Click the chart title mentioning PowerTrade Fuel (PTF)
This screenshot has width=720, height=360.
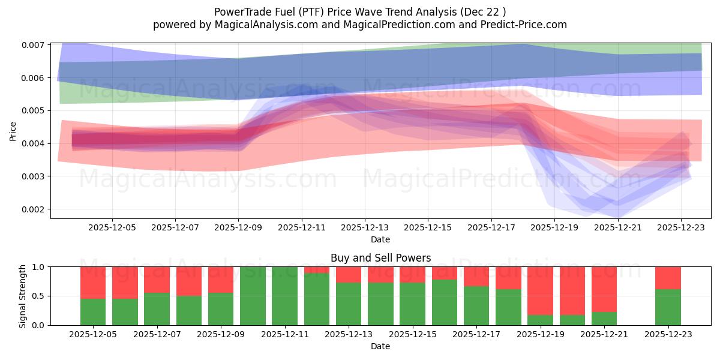pyautogui.click(x=359, y=11)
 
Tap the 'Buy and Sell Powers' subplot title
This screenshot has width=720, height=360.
pyautogui.click(x=380, y=258)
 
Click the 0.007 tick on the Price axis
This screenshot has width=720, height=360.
pyautogui.click(x=35, y=45)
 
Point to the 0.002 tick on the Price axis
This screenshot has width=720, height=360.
pyautogui.click(x=35, y=209)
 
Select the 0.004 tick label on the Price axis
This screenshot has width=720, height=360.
pyautogui.click(x=35, y=143)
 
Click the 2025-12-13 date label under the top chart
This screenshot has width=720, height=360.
pyautogui.click(x=365, y=227)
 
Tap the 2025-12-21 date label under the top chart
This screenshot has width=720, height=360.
pyautogui.click(x=618, y=227)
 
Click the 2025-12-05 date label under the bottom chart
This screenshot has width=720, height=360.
pyautogui.click(x=93, y=334)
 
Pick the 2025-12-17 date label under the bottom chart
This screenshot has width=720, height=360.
pyautogui.click(x=476, y=334)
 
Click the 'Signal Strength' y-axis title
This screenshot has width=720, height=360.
pyautogui.click(x=23, y=296)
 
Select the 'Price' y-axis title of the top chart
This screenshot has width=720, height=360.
pyautogui.click(x=13, y=131)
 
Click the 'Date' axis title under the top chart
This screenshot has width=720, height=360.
pyautogui.click(x=380, y=239)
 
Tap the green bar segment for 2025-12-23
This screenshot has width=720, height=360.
pyautogui.click(x=668, y=307)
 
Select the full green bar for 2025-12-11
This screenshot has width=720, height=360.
pyautogui.click(x=284, y=296)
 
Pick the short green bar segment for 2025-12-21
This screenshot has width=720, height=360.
pyautogui.click(x=604, y=319)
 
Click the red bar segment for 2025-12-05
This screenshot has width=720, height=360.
pyautogui.click(x=93, y=282)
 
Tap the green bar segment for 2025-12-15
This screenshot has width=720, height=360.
pyautogui.click(x=412, y=304)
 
